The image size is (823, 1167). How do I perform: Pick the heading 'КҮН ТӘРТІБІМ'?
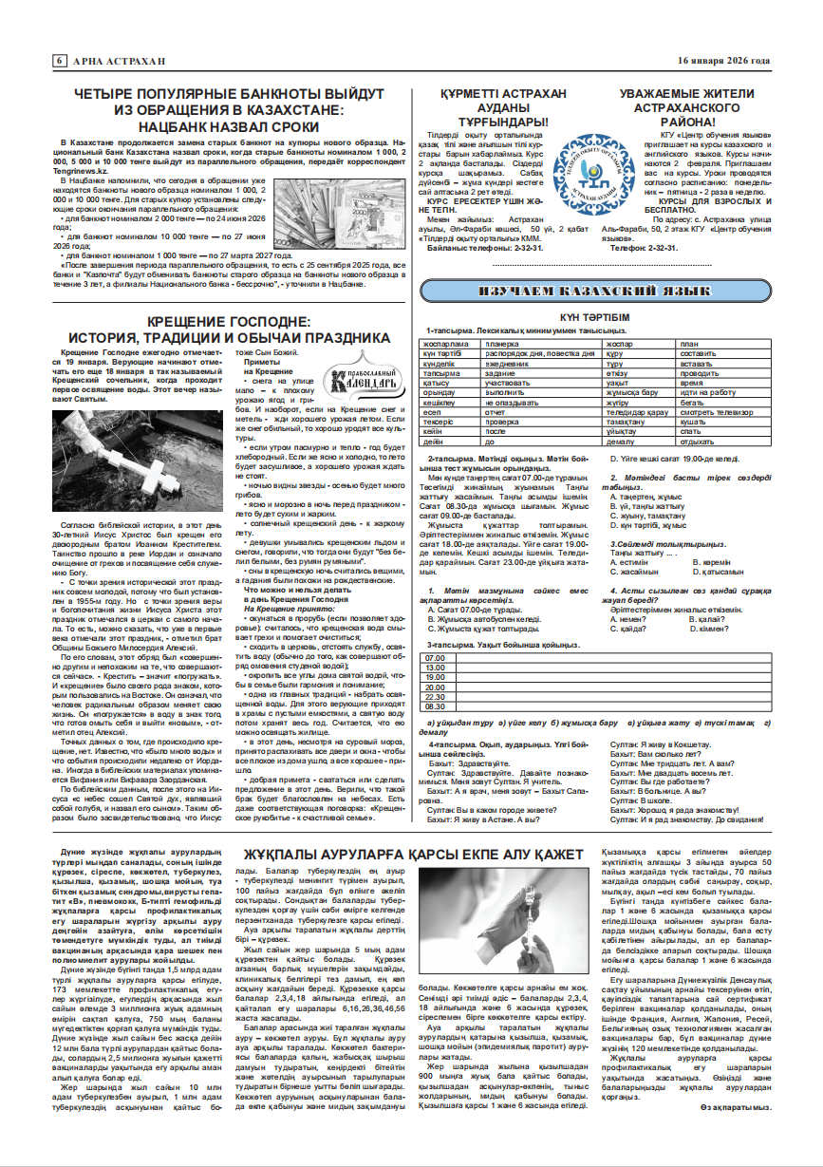(594, 316)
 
